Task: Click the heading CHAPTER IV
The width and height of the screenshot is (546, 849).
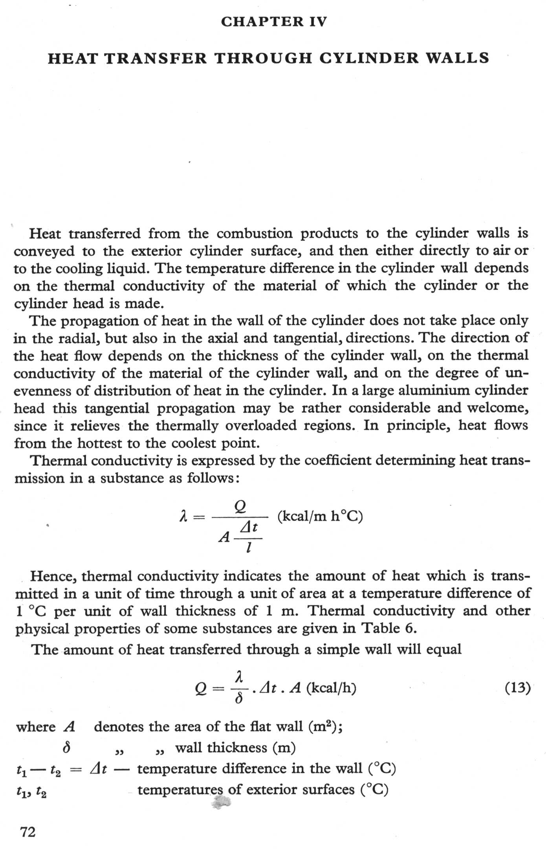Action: point(273,22)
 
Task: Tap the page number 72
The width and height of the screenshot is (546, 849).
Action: point(27,832)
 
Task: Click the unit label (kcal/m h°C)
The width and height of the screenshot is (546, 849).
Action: point(320,516)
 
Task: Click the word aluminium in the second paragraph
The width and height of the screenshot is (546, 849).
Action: point(434,390)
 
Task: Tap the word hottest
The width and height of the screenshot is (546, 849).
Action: point(99,443)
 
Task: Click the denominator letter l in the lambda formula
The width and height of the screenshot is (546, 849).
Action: point(247,547)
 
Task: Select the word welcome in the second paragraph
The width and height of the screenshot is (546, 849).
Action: point(497,408)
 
